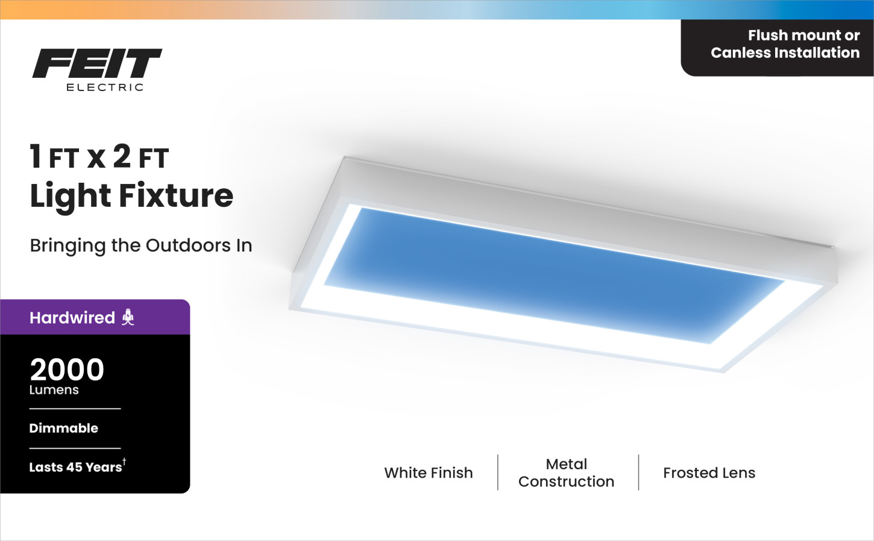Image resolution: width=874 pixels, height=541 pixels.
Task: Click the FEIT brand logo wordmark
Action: pos(97,63)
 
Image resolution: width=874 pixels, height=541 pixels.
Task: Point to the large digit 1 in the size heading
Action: pos(36,156)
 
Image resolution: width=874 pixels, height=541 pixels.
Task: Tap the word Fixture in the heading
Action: pos(176,195)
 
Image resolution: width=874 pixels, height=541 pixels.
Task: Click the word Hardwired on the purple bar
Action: pos(72,318)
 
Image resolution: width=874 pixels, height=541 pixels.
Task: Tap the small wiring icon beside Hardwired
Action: pos(128,317)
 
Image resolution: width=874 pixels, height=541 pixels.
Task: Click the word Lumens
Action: pos(54,390)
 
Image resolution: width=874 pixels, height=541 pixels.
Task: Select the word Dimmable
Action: pos(64,428)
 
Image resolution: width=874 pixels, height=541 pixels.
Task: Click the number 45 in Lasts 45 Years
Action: pos(74,467)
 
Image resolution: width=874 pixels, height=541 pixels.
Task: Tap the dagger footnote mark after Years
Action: pos(124,462)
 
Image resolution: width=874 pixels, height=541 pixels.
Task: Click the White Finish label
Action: pos(429,473)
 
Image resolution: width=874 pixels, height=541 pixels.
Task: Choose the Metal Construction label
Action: pos(567,473)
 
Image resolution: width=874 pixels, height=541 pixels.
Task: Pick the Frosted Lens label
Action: pos(709,473)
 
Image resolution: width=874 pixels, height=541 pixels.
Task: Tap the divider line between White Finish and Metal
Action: pos(498,472)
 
